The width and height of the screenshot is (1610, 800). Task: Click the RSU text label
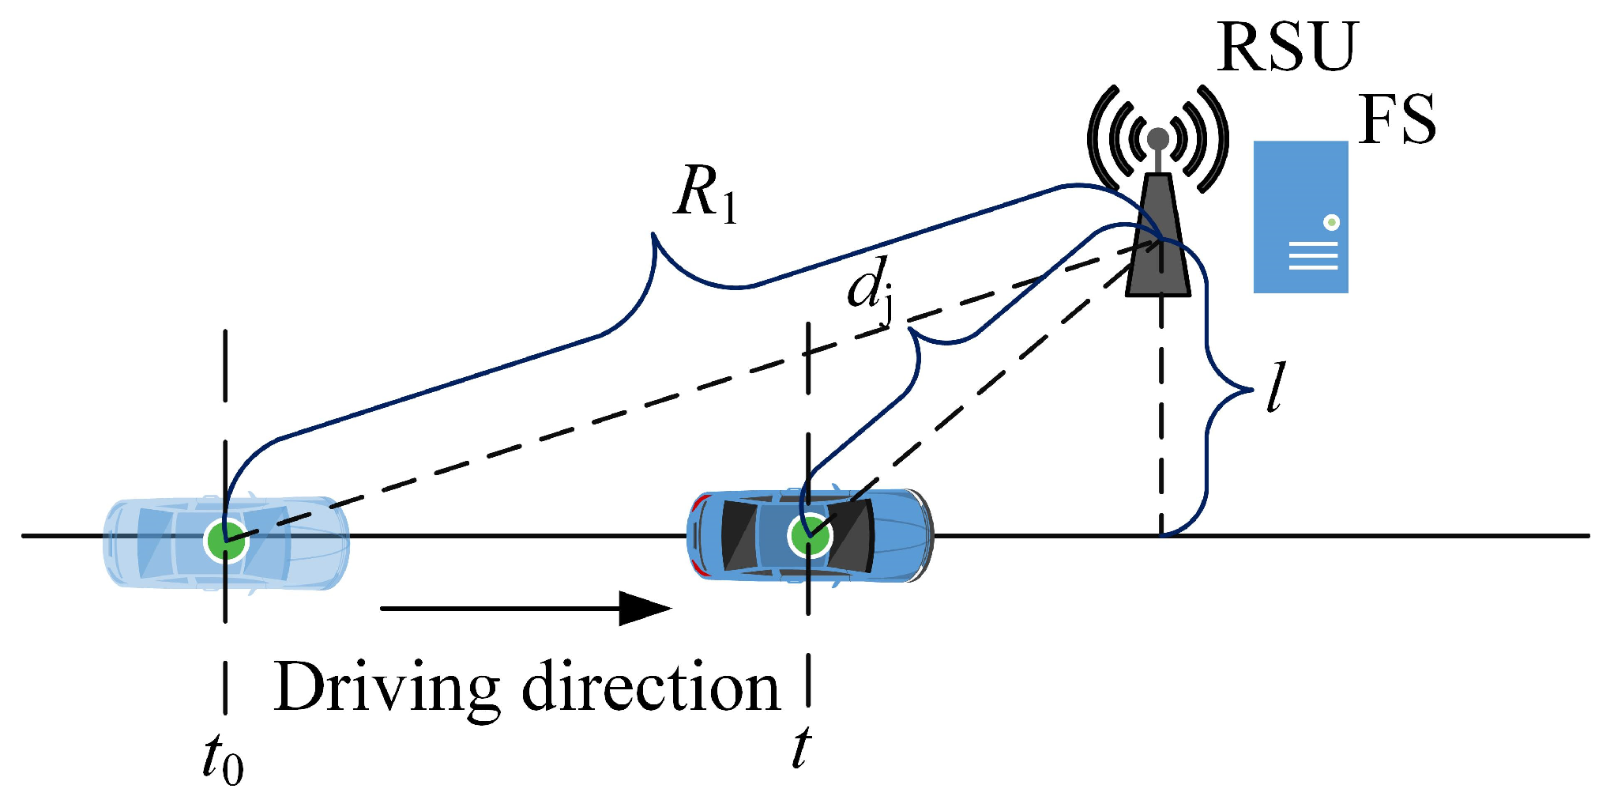point(1286,47)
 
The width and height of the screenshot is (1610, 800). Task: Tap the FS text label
point(1397,120)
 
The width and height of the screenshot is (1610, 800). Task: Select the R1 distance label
point(705,194)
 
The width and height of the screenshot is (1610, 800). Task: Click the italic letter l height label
point(1275,387)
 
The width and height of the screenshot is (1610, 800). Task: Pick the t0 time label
point(222,759)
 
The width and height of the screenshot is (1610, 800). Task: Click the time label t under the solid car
point(801,748)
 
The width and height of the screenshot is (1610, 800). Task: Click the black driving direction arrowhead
point(644,608)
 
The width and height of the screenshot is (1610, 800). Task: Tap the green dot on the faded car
point(224,541)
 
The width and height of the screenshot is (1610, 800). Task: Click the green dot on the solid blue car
point(809,537)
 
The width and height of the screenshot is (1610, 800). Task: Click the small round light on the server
point(1331,223)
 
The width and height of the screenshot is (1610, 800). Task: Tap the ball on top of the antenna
point(1158,138)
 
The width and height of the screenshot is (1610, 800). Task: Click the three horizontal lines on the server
point(1313,256)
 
